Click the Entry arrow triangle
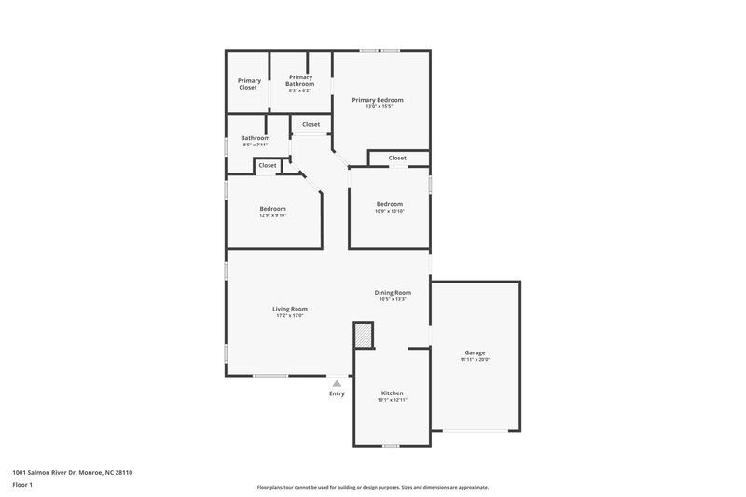click(337, 382)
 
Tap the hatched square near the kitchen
click(363, 334)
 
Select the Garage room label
click(475, 352)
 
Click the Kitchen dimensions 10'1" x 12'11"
click(392, 400)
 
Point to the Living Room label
click(289, 309)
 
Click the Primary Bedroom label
click(377, 99)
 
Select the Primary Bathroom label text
click(300, 80)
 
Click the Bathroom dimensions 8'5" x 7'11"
click(256, 145)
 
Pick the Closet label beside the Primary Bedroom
click(311, 124)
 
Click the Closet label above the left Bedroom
click(268, 165)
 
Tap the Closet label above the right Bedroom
click(397, 158)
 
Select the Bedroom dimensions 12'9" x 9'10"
click(272, 215)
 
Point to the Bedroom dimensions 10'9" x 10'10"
click(390, 211)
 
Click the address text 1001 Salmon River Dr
click(72, 473)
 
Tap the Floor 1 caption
click(23, 485)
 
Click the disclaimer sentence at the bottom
click(372, 487)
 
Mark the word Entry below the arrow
click(337, 393)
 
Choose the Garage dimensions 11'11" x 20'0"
click(475, 359)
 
